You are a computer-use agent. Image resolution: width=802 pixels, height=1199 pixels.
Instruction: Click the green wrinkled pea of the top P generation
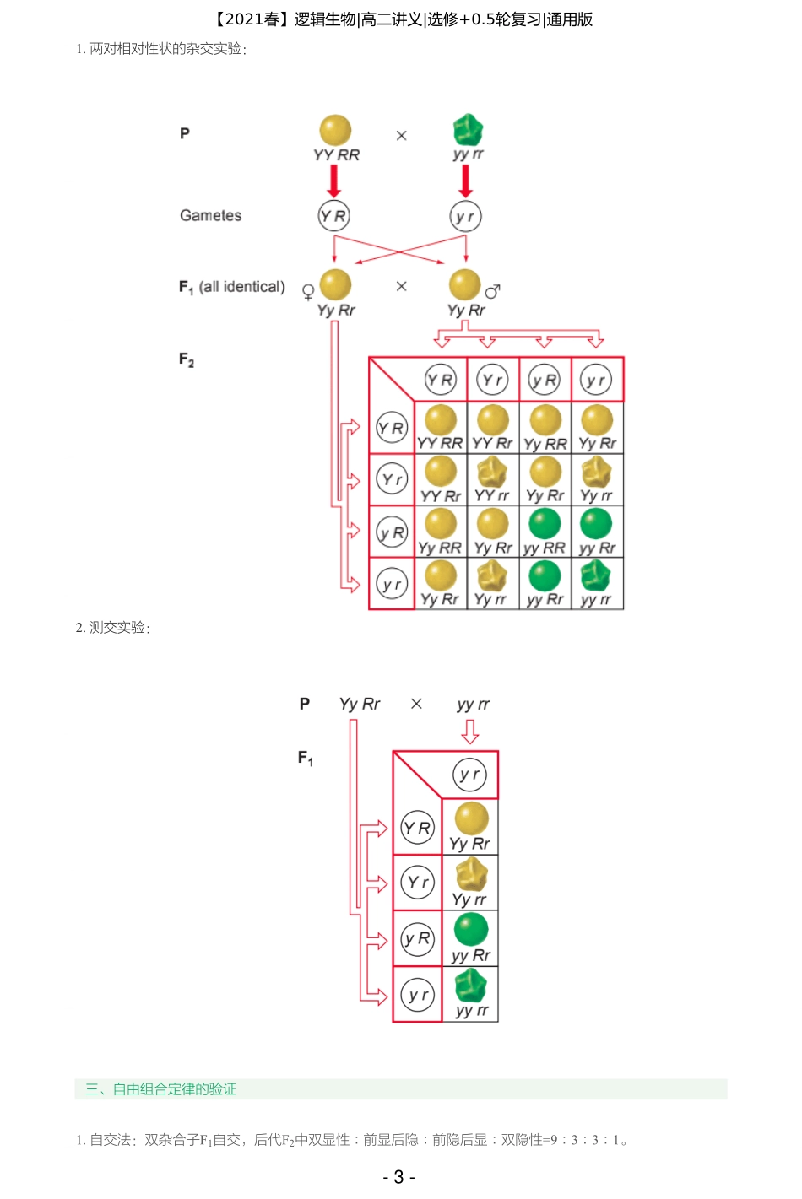pyautogui.click(x=468, y=130)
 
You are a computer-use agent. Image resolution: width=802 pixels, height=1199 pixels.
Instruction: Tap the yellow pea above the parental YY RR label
pyautogui.click(x=335, y=131)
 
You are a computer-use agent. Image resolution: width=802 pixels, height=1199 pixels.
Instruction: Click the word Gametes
pyautogui.click(x=210, y=215)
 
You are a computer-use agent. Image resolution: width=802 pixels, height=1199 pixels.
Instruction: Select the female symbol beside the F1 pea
pyautogui.click(x=308, y=292)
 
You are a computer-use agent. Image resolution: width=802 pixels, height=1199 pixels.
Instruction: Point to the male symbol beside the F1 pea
pyautogui.click(x=493, y=291)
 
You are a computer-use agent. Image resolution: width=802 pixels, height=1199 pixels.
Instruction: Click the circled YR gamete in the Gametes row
pyautogui.click(x=333, y=216)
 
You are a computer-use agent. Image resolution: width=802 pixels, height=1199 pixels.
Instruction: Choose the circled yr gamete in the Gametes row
pyautogui.click(x=465, y=217)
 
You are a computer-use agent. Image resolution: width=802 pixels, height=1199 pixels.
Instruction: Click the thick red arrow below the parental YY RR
pyautogui.click(x=334, y=181)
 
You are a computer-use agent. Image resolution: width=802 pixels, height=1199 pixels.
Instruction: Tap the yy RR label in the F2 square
pyautogui.click(x=545, y=548)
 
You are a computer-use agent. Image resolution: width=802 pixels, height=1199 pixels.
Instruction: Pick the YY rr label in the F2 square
pyautogui.click(x=491, y=495)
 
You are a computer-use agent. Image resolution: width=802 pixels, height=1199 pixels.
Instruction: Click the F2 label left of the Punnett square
pyautogui.click(x=187, y=359)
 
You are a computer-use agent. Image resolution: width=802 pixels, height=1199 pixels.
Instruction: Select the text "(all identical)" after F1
pyautogui.click(x=242, y=287)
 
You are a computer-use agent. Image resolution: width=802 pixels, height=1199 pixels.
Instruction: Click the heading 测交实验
pyautogui.click(x=117, y=627)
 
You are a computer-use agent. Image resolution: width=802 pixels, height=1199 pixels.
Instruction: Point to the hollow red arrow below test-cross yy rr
pyautogui.click(x=470, y=732)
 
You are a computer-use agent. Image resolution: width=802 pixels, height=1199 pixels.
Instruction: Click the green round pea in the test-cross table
pyautogui.click(x=471, y=929)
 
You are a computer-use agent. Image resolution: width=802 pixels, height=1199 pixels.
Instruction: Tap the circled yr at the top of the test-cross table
pyautogui.click(x=469, y=775)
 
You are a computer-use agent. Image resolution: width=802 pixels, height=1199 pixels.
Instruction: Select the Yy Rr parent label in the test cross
pyautogui.click(x=360, y=704)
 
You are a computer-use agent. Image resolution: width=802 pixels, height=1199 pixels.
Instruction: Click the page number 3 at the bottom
pyautogui.click(x=398, y=1177)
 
